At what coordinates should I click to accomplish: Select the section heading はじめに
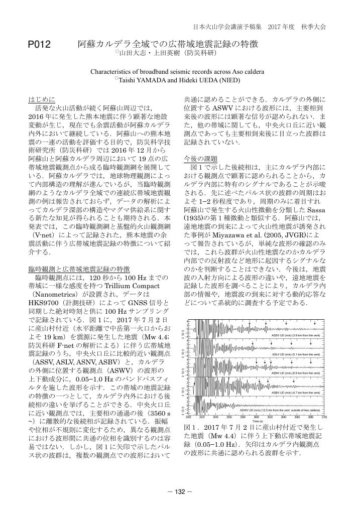(x=42, y=99)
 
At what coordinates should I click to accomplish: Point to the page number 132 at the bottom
(x=180, y=491)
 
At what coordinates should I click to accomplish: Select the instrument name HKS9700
(x=43, y=303)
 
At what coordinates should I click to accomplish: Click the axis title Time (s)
(x=257, y=421)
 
